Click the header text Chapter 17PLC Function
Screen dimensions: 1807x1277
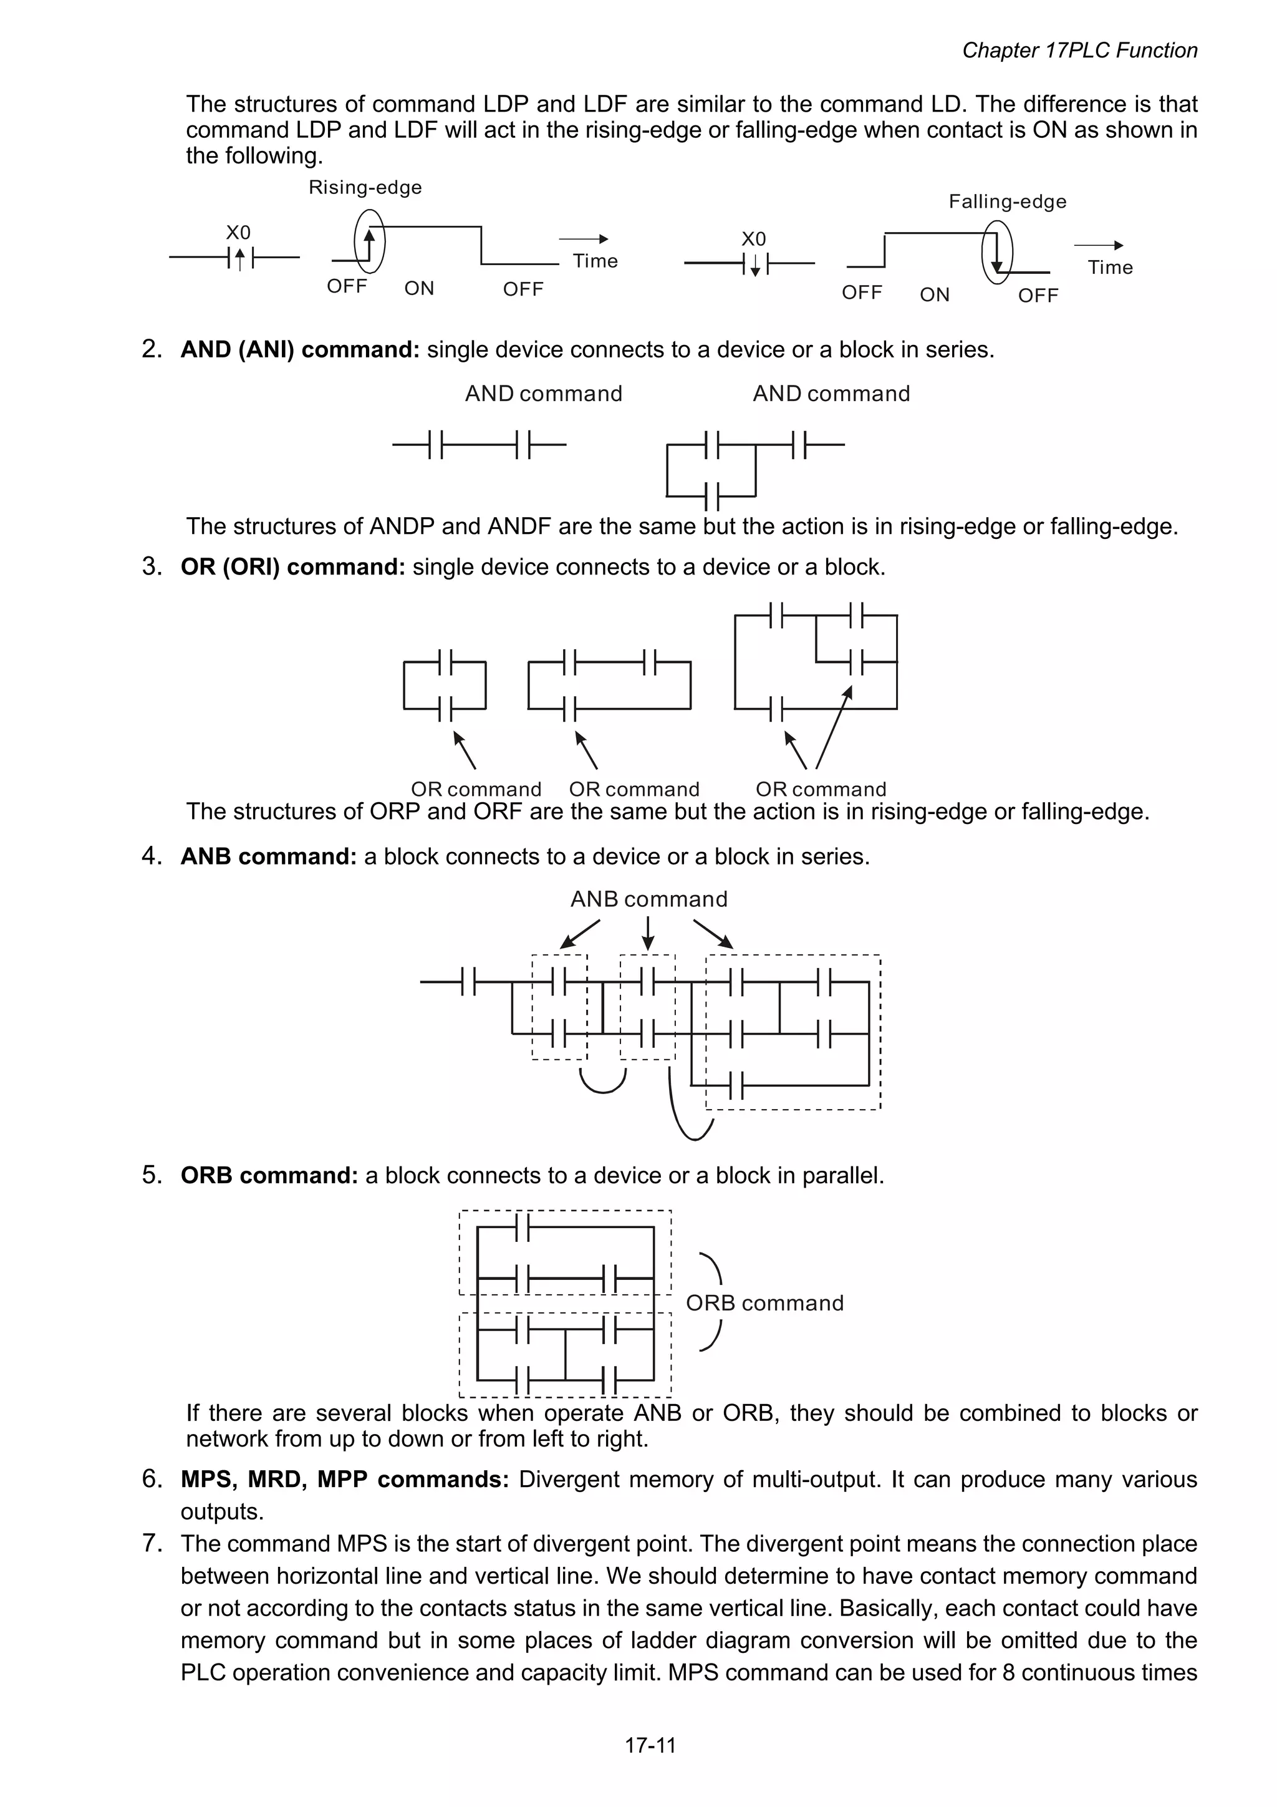pyautogui.click(x=1079, y=51)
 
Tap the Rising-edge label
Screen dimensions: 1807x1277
pyautogui.click(x=365, y=187)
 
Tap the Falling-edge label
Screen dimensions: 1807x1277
pyautogui.click(x=1007, y=201)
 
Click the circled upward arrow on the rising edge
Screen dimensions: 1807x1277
pyautogui.click(x=369, y=240)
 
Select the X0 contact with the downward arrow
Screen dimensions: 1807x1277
pyautogui.click(x=754, y=264)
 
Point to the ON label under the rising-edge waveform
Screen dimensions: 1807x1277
pyautogui.click(x=418, y=289)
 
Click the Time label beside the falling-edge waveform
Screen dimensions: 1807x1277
pyautogui.click(x=1109, y=268)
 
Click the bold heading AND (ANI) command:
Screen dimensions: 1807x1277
pyautogui.click(x=300, y=349)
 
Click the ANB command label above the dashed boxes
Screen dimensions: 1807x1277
pyautogui.click(x=648, y=899)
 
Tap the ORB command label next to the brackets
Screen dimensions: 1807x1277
pyautogui.click(x=764, y=1302)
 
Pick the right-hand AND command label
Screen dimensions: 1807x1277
pyautogui.click(x=831, y=394)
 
